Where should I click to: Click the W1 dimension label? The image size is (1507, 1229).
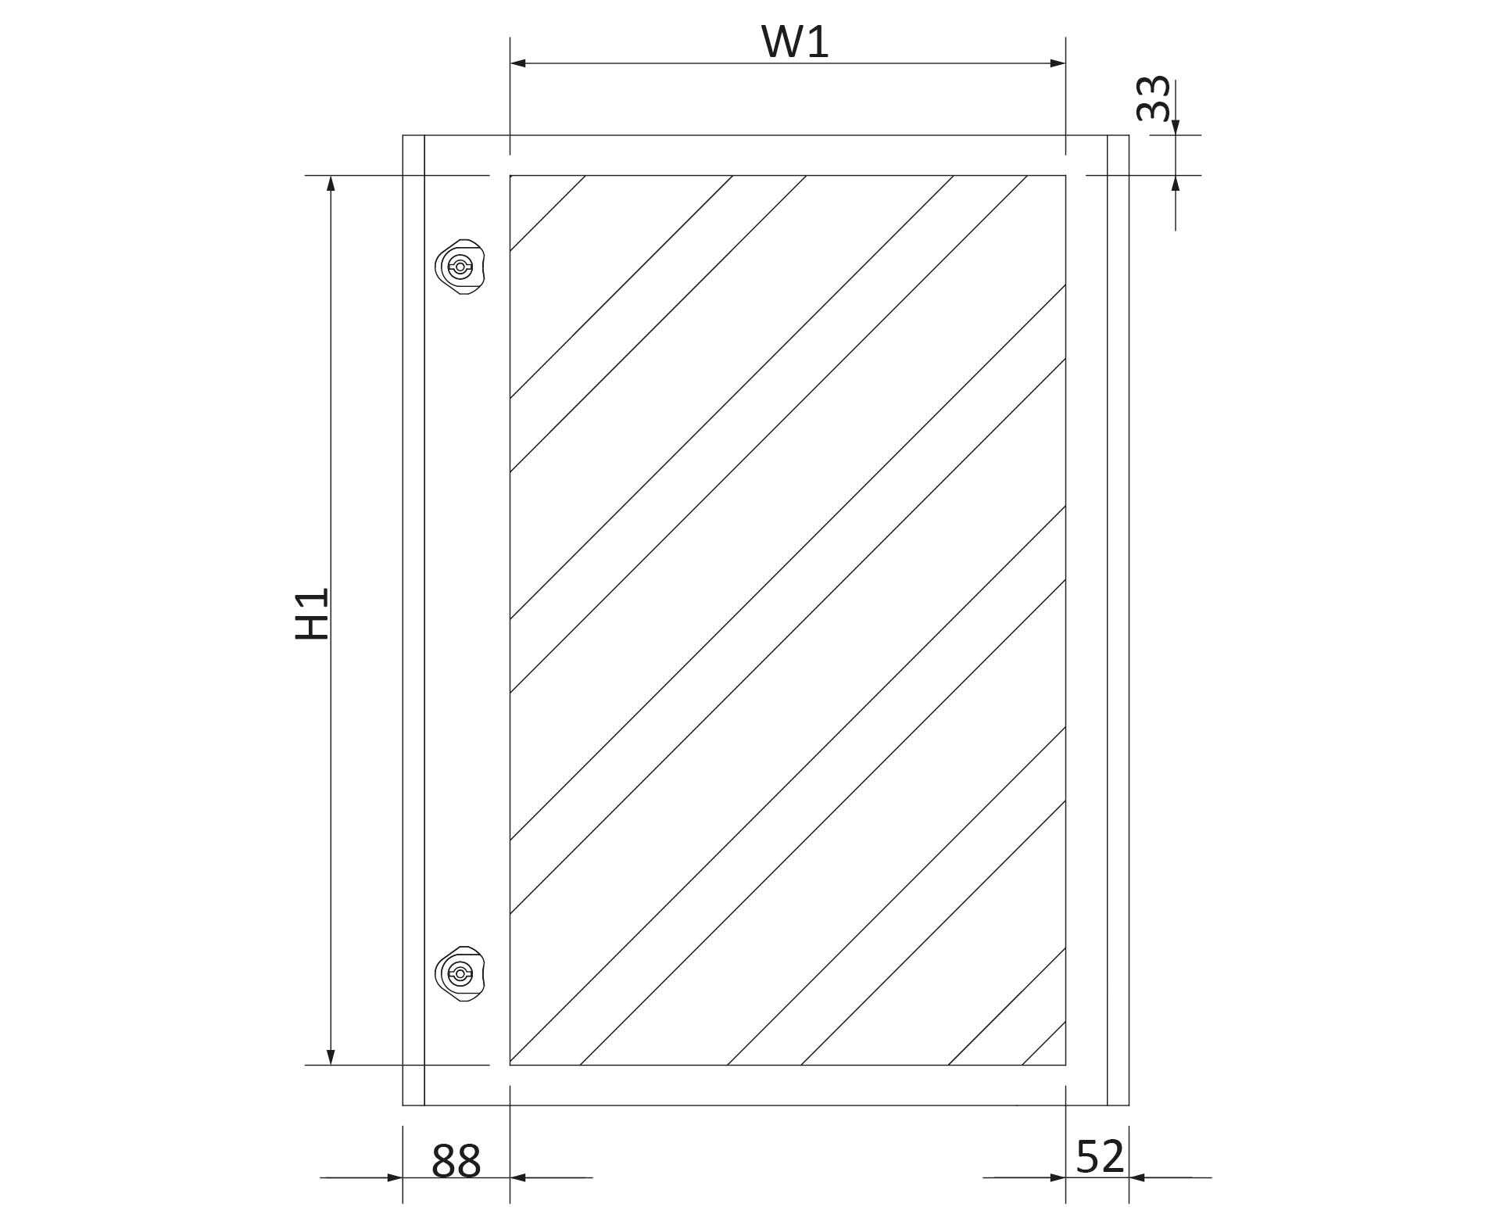click(x=795, y=42)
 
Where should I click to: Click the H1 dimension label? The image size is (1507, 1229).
click(x=312, y=614)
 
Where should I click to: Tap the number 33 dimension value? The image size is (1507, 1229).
click(x=1154, y=99)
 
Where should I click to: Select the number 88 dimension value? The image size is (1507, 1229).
click(x=456, y=1161)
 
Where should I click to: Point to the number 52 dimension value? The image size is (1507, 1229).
click(x=1101, y=1157)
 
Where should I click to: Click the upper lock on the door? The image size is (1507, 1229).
click(x=460, y=267)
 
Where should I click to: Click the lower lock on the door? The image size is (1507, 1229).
click(x=460, y=974)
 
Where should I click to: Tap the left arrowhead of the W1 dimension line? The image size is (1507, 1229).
click(x=517, y=63)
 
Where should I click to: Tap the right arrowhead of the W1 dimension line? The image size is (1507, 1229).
click(x=1058, y=63)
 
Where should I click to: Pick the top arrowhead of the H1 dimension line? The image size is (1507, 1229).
click(x=331, y=184)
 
